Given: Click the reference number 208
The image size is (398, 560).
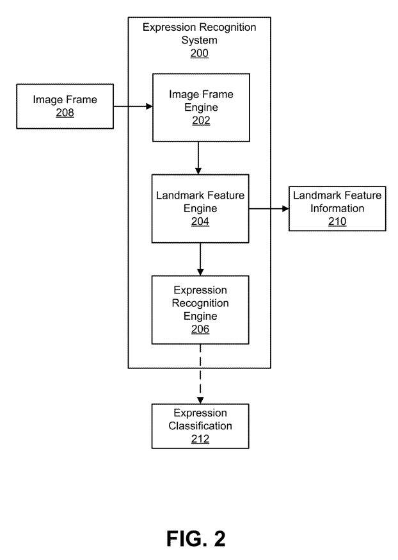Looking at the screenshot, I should point(65,113).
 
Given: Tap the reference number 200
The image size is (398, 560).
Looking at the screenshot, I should point(199,54).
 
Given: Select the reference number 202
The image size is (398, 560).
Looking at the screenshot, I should point(200,120).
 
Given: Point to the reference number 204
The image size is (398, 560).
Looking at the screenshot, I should point(200,222).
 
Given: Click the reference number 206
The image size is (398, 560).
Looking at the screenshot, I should point(200,329).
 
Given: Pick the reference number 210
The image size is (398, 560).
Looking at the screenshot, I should point(337,222).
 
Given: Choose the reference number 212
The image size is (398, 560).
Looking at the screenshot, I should point(200,439).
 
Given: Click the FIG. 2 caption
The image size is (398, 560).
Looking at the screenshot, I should point(196,539).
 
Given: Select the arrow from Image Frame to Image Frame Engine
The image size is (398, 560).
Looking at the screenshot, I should point(133,107).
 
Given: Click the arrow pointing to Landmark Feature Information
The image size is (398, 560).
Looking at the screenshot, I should point(269,209).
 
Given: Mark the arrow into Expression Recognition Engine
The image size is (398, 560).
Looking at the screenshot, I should point(200,259).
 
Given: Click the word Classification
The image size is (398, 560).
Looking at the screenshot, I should point(200,426).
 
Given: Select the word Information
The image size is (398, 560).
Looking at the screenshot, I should point(337,208).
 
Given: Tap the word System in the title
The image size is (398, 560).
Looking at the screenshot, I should point(199,40).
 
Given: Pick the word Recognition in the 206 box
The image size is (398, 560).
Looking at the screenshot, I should point(200,303).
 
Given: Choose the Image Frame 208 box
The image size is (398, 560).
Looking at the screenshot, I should point(65,106).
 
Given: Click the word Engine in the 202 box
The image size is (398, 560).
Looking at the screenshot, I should point(200,107).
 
